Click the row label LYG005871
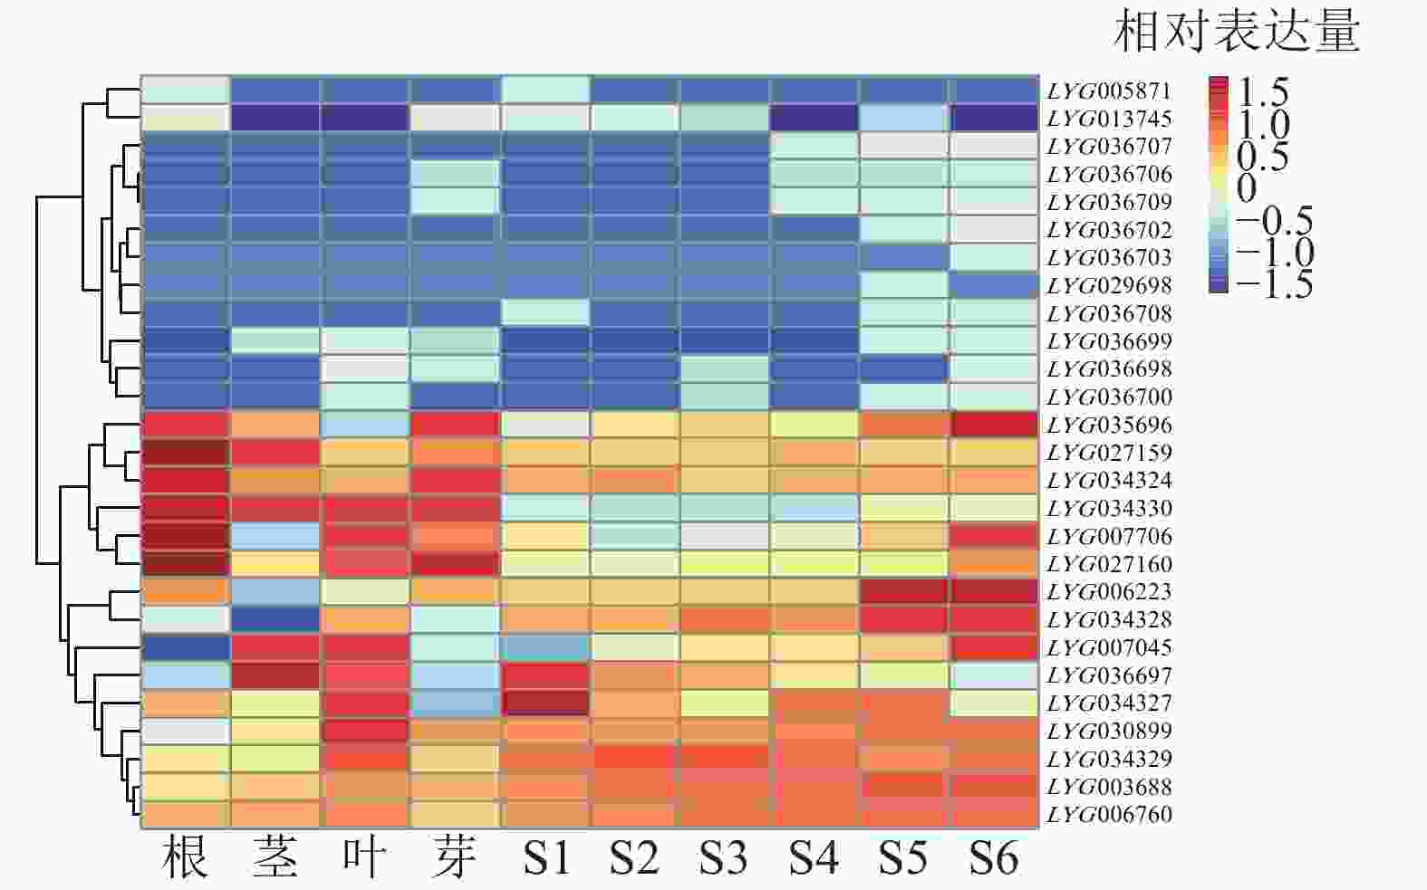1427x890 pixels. (x=1109, y=91)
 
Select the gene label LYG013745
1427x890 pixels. (x=1109, y=119)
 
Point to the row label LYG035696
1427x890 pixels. (x=1109, y=425)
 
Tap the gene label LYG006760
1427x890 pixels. (x=1109, y=814)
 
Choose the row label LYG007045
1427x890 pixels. (x=1109, y=647)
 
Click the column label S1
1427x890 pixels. (x=545, y=857)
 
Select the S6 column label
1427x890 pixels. (x=993, y=857)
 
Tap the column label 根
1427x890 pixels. (x=186, y=857)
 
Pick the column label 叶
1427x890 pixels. (x=365, y=857)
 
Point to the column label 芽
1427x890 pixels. (x=454, y=857)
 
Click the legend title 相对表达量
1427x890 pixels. (x=1236, y=33)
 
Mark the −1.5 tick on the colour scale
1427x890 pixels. (x=1273, y=284)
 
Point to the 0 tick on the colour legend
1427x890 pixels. (x=1247, y=188)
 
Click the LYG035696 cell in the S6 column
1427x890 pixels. (x=993, y=425)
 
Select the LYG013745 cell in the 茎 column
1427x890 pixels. (x=275, y=119)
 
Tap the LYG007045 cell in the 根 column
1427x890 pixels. (x=186, y=647)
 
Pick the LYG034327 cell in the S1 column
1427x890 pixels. (x=545, y=703)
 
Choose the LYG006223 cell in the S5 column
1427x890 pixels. (x=904, y=592)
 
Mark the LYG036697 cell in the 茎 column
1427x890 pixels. (x=275, y=675)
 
